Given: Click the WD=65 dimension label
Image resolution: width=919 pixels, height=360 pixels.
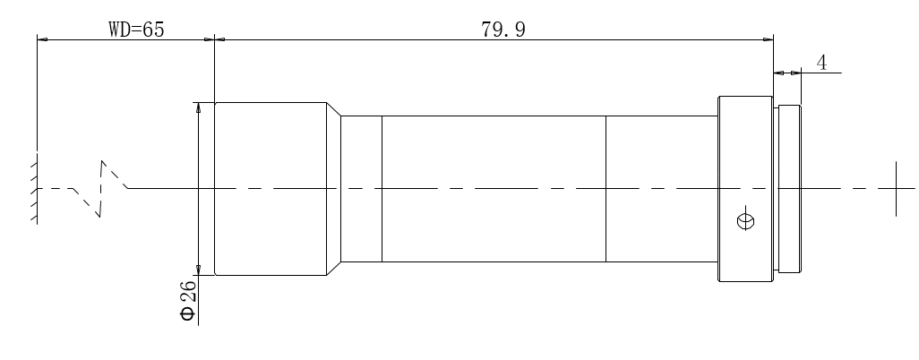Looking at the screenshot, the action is point(136,29).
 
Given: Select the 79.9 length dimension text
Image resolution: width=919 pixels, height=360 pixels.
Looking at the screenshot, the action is point(503,30).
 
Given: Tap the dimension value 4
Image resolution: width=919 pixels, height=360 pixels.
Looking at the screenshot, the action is point(821,62).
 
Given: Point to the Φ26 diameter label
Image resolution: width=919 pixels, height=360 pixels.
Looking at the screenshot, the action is point(188,301).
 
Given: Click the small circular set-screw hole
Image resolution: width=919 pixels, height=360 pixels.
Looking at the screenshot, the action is point(745,221).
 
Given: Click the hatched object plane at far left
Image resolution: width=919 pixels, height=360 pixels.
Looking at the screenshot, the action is point(34,188).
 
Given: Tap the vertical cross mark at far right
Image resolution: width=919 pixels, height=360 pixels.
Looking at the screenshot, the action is point(896,188).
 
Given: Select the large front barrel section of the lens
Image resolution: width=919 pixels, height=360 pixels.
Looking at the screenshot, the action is point(271,189).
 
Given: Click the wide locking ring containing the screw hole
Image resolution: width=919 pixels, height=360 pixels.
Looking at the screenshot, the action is point(745,189).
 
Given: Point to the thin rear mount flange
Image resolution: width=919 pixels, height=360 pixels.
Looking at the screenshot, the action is point(789,189).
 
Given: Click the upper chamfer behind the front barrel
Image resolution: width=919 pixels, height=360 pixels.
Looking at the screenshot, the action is point(333,109).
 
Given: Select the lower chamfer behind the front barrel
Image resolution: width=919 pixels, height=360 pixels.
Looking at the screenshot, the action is point(333,269).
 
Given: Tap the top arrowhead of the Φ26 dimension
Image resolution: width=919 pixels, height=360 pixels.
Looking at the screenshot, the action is point(198,107).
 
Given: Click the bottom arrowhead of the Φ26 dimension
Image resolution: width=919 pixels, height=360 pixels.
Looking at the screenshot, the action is point(198,270).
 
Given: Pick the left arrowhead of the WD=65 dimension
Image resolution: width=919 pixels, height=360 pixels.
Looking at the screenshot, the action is point(42,39).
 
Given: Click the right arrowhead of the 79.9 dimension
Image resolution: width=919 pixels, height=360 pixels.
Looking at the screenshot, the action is point(768,39).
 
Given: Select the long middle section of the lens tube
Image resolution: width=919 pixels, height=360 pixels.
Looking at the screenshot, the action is point(494,189).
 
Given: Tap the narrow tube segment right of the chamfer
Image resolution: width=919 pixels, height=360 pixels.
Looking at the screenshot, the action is point(361,189).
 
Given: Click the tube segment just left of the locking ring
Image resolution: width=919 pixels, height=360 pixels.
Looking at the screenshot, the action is point(662,189).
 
